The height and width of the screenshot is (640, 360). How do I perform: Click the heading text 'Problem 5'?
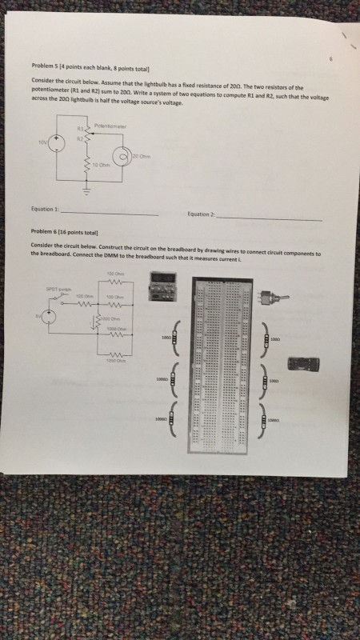45,66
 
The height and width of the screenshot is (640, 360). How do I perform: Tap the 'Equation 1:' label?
46,210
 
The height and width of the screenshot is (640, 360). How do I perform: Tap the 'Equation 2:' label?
201,214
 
